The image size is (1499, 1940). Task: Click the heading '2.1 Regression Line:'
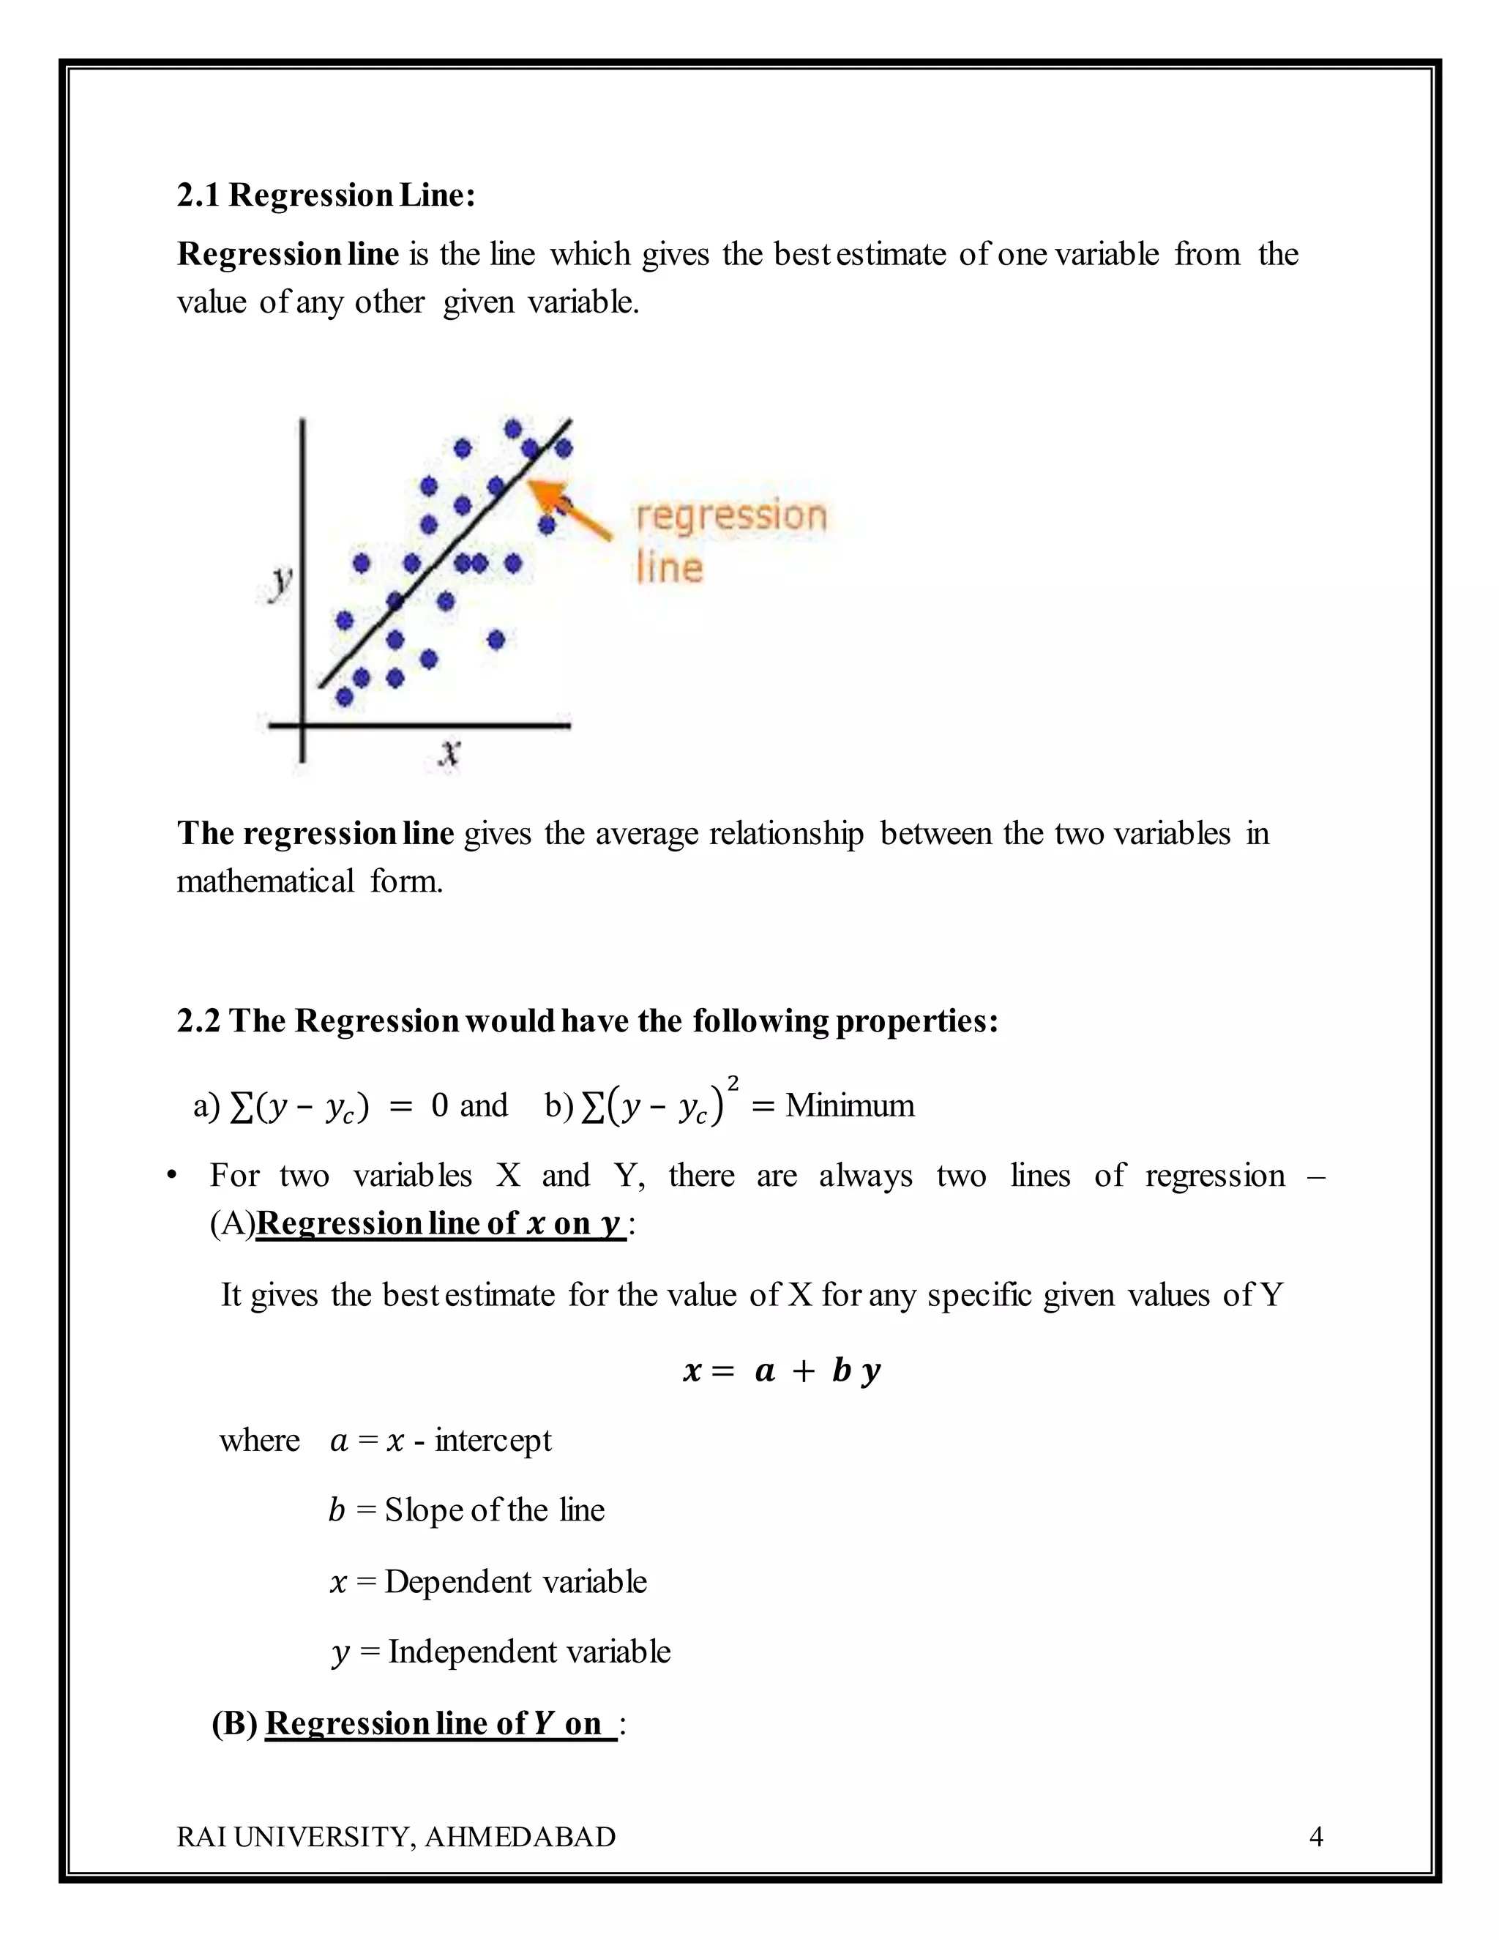(x=326, y=195)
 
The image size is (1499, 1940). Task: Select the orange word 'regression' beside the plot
(x=731, y=515)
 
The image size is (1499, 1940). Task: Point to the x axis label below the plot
(x=449, y=754)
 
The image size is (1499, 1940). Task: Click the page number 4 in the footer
(x=1316, y=1836)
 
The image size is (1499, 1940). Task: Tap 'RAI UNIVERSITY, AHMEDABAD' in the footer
(x=396, y=1836)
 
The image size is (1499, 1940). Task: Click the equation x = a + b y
(x=782, y=1370)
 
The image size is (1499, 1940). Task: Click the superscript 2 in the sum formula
(x=733, y=1083)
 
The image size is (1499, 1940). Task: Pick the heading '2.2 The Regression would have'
(x=587, y=1021)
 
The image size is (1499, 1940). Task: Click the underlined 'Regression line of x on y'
(x=441, y=1223)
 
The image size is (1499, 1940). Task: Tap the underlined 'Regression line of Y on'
(x=440, y=1723)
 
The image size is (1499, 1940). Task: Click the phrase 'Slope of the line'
(x=495, y=1510)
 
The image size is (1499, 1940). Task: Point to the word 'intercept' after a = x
(x=493, y=1440)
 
